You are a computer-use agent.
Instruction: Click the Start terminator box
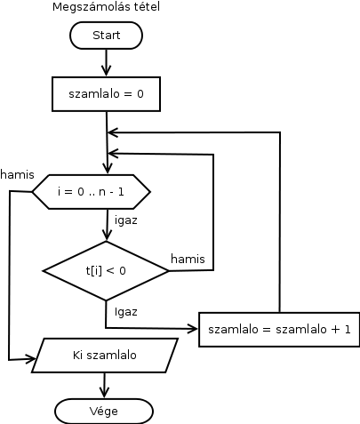(106, 36)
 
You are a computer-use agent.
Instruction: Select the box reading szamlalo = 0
(106, 94)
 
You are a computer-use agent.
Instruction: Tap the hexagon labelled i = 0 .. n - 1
(92, 192)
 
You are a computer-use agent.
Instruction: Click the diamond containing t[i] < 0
(106, 270)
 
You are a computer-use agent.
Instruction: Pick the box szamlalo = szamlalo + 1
(279, 329)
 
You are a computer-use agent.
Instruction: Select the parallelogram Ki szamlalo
(105, 355)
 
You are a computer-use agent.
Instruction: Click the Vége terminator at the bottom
(104, 412)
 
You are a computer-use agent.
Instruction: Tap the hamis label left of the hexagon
(17, 174)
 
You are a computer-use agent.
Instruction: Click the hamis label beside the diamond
(188, 259)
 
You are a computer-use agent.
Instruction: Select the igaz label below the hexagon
(126, 220)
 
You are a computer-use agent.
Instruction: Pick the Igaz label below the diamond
(126, 312)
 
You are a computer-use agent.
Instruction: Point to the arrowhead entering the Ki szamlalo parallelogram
(30, 359)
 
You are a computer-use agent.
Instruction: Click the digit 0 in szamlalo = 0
(140, 94)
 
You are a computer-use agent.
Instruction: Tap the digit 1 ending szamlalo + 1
(348, 329)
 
